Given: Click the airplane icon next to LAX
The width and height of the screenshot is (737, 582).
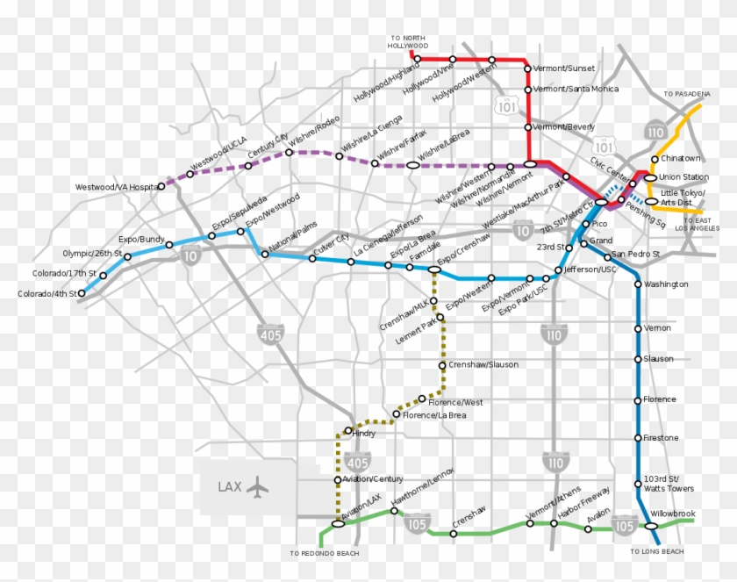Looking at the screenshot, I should tap(256, 485).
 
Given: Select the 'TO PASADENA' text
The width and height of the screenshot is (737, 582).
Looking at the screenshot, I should tap(685, 94).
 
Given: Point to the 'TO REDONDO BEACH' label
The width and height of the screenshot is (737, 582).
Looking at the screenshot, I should tap(324, 554).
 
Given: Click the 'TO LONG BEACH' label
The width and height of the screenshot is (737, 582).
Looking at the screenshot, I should tap(657, 551).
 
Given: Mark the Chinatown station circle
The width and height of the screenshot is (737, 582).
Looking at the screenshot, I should tap(655, 159).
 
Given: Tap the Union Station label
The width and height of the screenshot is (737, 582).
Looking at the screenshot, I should tap(683, 176).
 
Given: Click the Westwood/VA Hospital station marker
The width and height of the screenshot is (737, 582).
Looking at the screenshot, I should tap(162, 186).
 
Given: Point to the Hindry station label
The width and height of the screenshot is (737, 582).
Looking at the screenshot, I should tap(363, 432).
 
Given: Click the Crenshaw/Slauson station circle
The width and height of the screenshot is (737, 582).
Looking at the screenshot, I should tap(441, 365).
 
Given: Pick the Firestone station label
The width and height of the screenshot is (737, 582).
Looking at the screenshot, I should tap(661, 437).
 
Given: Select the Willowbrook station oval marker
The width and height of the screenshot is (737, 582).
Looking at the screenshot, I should tap(652, 526).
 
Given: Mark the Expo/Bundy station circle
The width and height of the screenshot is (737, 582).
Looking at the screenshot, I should tap(128, 257).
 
